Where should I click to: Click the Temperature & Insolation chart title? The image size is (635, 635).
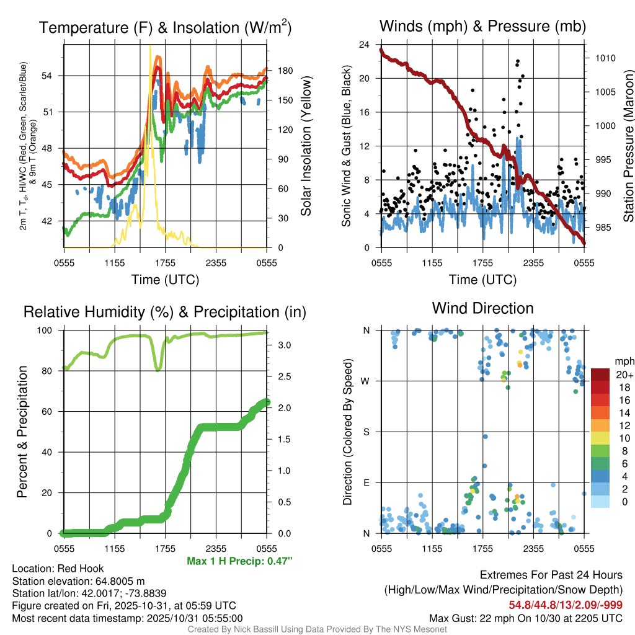(x=165, y=28)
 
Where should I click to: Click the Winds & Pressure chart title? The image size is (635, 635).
(x=482, y=27)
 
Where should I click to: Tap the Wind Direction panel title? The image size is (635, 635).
(x=482, y=308)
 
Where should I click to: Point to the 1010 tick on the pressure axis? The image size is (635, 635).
(x=605, y=58)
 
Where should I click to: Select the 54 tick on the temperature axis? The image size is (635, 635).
(x=53, y=76)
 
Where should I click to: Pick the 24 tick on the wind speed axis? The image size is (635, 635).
(x=365, y=45)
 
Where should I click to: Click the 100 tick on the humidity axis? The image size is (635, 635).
(x=48, y=331)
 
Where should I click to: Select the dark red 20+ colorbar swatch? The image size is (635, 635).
(x=602, y=375)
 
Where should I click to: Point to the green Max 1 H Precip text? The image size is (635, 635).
(x=239, y=561)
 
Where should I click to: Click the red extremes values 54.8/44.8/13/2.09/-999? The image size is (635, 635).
(x=566, y=605)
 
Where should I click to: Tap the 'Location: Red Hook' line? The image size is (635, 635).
(x=58, y=569)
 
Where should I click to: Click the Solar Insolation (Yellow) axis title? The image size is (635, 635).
(x=306, y=146)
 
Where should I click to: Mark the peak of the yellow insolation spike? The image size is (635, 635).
(x=150, y=46)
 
